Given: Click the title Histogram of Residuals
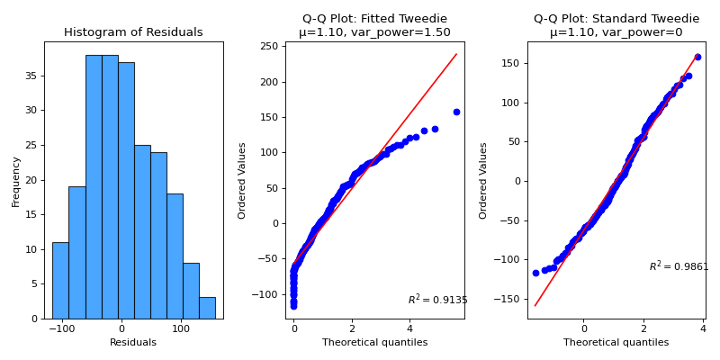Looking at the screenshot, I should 133,32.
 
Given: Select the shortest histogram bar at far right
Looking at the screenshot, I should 207,308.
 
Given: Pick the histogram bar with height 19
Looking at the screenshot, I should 76,253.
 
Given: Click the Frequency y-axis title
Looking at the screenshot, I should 16,180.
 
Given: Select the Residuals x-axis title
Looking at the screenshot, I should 133,342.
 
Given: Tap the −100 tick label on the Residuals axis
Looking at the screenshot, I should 61,328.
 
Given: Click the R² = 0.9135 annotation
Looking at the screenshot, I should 437,300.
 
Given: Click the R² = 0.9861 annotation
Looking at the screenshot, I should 679,266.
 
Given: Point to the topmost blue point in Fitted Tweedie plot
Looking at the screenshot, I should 456,112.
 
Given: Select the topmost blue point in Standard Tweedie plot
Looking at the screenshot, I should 697,57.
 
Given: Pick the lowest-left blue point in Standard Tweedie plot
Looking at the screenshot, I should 535,273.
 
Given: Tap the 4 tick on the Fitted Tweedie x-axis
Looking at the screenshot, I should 409,328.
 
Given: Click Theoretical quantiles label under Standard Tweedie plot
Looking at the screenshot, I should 616,342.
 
